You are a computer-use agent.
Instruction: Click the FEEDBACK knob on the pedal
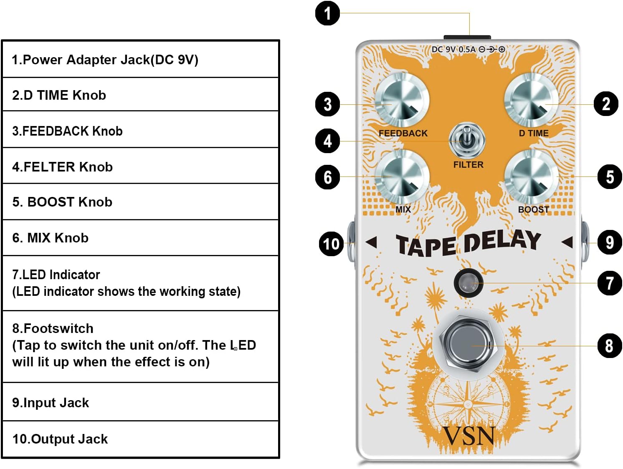[x=402, y=101]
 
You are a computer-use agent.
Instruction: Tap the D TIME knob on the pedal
[x=531, y=101]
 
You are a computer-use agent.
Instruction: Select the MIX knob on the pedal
[x=402, y=177]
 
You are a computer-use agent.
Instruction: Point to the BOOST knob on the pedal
[x=531, y=177]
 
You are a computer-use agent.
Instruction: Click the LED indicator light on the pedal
[x=468, y=283]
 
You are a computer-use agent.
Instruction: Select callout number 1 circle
[x=327, y=13]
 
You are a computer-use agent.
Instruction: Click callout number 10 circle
[x=331, y=244]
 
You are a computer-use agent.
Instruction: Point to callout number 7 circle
[x=610, y=283]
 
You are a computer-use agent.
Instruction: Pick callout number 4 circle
[x=327, y=141]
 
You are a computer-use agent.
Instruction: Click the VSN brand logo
[x=469, y=436]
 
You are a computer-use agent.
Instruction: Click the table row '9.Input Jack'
[x=141, y=402]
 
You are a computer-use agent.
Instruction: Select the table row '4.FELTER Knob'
[x=141, y=166]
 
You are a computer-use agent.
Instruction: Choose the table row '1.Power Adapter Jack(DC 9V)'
[x=141, y=60]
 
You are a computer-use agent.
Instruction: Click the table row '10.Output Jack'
[x=141, y=439]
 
